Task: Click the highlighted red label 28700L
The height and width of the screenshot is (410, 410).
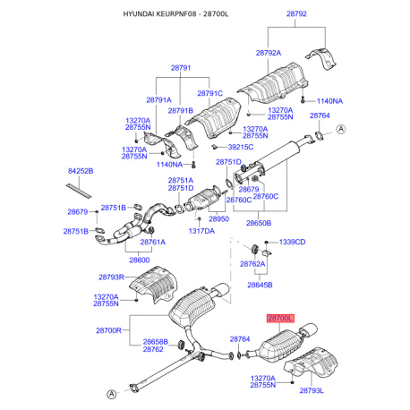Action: pyautogui.click(x=280, y=319)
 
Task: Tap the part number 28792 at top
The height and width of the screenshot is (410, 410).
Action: pyautogui.click(x=296, y=13)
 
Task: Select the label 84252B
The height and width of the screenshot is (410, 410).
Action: pyautogui.click(x=81, y=171)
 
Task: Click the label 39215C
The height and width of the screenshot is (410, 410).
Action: pyautogui.click(x=241, y=147)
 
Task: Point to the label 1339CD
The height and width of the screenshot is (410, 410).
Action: pyautogui.click(x=292, y=242)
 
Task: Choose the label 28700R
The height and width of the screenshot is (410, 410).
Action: pyautogui.click(x=108, y=330)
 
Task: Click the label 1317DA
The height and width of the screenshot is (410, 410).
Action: pyautogui.click(x=201, y=231)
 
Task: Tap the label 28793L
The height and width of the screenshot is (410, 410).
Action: pyautogui.click(x=312, y=390)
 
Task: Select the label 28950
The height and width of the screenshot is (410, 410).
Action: pyautogui.click(x=218, y=219)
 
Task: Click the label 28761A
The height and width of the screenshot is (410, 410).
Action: pyautogui.click(x=153, y=242)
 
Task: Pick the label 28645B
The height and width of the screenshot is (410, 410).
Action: pyautogui.click(x=260, y=285)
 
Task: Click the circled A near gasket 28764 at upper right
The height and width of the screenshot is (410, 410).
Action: pyautogui.click(x=341, y=129)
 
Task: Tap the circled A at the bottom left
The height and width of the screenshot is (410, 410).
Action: pyautogui.click(x=111, y=394)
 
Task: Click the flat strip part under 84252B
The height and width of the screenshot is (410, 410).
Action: pyautogui.click(x=79, y=191)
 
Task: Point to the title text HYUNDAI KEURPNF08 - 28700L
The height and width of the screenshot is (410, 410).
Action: pyautogui.click(x=175, y=14)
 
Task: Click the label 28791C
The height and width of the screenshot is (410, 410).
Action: pyautogui.click(x=210, y=93)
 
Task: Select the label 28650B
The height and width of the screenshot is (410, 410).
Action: pyautogui.click(x=259, y=223)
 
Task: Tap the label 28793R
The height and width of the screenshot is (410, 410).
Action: pyautogui.click(x=111, y=278)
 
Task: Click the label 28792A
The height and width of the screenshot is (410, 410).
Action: pyautogui.click(x=269, y=53)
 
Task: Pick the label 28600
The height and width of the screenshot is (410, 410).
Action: pyautogui.click(x=140, y=261)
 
